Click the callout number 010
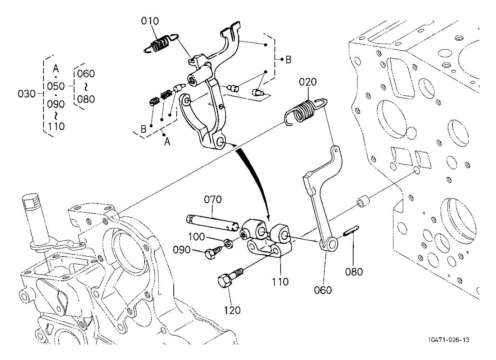(150, 21)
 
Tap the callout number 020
(308, 82)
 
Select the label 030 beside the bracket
(27, 94)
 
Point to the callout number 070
(213, 199)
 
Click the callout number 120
(232, 310)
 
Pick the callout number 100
(196, 237)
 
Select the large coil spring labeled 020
(305, 111)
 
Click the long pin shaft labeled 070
(212, 223)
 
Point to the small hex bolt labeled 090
(213, 253)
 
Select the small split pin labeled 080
(351, 231)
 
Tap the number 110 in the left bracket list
(56, 127)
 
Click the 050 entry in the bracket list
(56, 86)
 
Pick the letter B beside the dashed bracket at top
(288, 60)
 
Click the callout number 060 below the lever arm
(323, 290)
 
